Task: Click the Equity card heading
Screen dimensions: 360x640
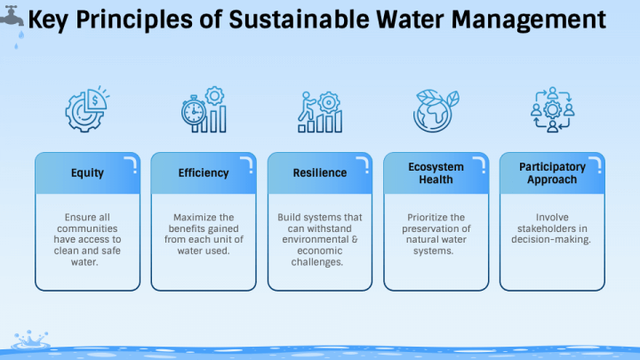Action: pos(87,172)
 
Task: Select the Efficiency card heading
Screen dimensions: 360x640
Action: pos(204,172)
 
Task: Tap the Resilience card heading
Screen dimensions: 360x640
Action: pos(319,172)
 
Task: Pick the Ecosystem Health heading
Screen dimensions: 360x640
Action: pos(436,172)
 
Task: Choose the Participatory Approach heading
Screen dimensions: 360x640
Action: pos(552,172)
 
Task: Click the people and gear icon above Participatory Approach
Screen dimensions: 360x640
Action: pos(552,110)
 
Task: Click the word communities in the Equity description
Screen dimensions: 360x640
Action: pos(87,228)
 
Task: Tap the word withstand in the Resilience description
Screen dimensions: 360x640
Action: pos(332,228)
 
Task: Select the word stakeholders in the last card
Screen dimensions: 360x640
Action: pos(552,228)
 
